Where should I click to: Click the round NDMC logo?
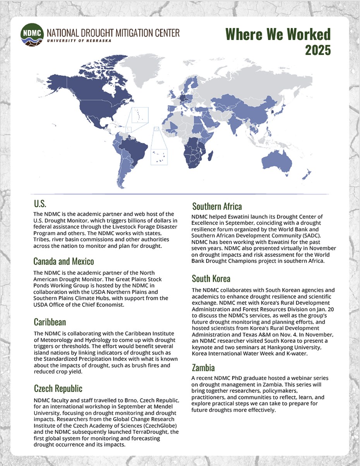click(32, 34)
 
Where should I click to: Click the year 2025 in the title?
click(318, 50)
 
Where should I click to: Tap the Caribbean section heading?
click(50, 322)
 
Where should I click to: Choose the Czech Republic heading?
click(58, 389)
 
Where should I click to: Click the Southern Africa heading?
click(217, 206)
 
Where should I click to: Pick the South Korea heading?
click(211, 279)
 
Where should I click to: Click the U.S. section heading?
click(40, 203)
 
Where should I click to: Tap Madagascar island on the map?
click(211, 156)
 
